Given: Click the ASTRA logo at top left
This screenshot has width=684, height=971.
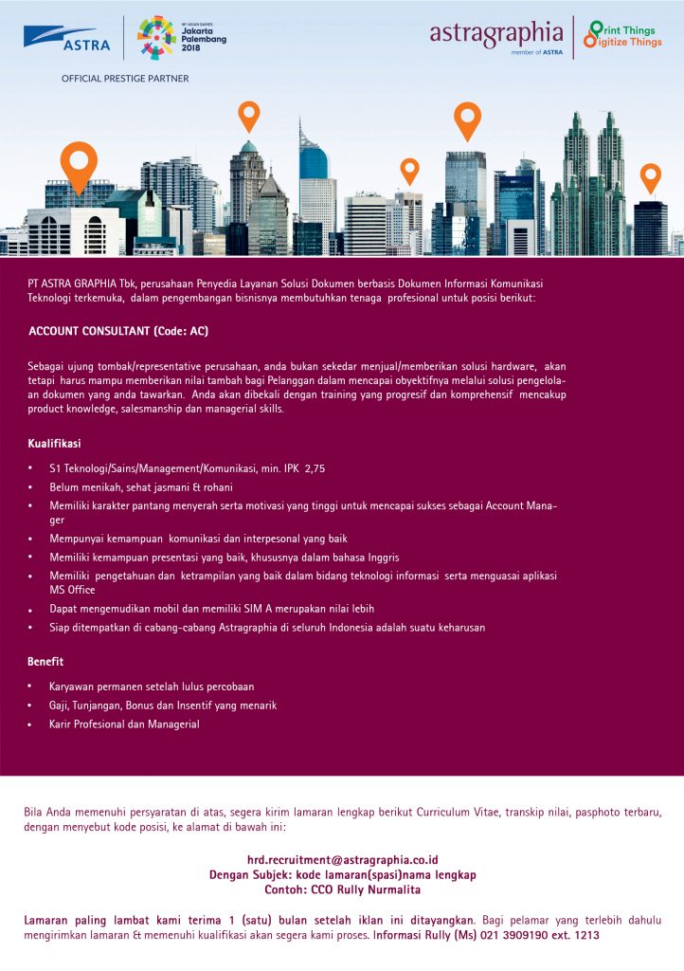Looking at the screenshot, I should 67,39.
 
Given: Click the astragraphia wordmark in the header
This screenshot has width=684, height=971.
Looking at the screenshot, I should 496,35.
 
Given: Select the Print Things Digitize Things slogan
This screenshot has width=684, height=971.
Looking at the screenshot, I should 621,35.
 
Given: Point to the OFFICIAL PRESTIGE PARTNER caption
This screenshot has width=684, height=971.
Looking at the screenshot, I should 125,79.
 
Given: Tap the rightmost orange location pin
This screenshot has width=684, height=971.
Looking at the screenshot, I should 650,177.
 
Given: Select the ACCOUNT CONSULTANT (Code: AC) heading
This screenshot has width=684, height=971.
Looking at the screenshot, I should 118,332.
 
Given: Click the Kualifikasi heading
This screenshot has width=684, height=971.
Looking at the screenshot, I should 54,443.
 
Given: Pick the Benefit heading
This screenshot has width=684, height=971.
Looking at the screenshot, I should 45,661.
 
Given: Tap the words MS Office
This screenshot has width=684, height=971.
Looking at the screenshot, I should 72,590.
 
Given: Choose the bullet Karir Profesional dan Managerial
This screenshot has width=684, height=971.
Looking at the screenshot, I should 124,724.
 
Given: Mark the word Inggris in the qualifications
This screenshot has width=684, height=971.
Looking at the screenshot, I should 381,557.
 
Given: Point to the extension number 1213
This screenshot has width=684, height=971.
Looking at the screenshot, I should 586,935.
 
